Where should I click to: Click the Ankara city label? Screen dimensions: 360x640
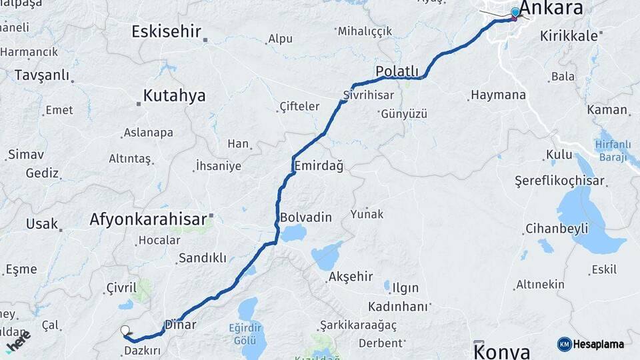point(551,8)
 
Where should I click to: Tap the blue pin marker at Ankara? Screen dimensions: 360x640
point(515,13)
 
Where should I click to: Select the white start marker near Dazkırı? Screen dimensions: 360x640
point(125,330)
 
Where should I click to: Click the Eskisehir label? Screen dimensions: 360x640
point(166,31)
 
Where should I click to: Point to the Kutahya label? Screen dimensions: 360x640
point(174,96)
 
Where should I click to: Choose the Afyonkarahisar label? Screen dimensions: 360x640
point(147,219)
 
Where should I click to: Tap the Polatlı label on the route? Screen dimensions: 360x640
point(397,71)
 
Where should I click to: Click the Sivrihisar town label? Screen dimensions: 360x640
point(368,96)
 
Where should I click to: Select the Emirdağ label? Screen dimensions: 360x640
point(318,165)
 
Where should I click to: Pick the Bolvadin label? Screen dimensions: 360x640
point(306,217)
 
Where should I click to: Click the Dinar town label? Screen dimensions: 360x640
point(180,325)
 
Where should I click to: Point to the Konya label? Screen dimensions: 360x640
point(503,351)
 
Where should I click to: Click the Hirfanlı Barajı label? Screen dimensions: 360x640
point(611,151)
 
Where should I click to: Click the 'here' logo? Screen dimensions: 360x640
point(18,341)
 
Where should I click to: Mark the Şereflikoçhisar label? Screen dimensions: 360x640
point(559,181)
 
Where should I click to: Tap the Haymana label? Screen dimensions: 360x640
point(498,95)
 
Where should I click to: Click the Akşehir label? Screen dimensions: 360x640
point(351,276)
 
